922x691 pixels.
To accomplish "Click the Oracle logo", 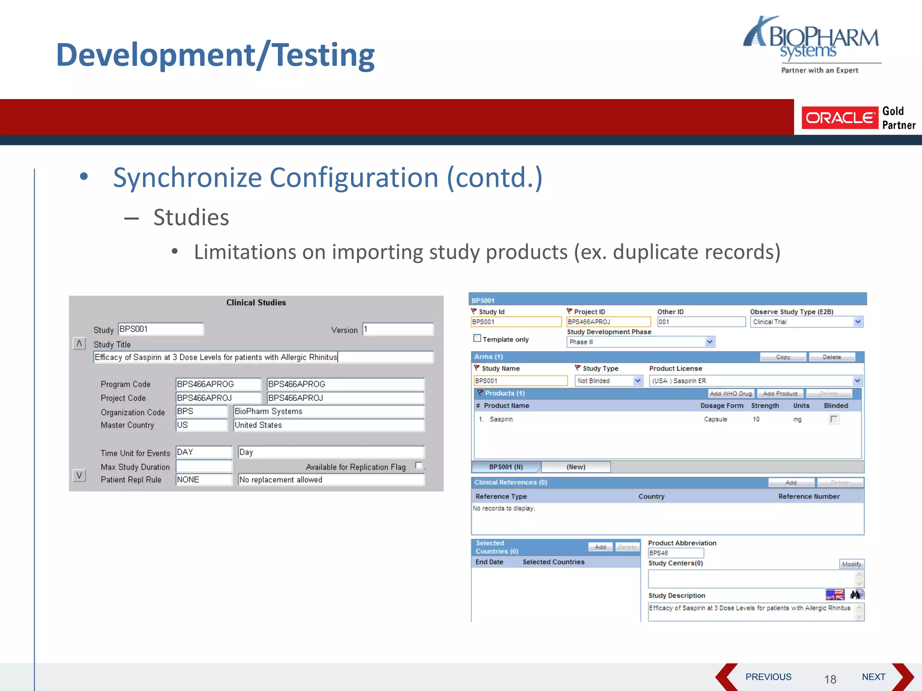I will coord(839,118).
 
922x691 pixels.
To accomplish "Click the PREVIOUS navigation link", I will coord(768,677).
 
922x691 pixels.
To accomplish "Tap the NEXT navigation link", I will coord(873,677).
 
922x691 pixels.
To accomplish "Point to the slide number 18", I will coord(830,679).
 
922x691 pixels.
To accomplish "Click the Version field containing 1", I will coord(398,329).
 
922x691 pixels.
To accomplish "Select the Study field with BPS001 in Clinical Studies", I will coord(160,329).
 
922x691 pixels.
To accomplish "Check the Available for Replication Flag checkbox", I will coord(419,466).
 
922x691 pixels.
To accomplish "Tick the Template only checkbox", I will coord(477,338).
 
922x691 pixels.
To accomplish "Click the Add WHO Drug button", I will coord(731,394).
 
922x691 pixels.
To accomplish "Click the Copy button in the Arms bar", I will coord(783,357).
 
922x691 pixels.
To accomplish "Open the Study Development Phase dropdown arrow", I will coord(710,342).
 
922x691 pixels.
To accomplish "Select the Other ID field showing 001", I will coord(701,322).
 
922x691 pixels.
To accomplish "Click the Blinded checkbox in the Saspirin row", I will coord(834,419).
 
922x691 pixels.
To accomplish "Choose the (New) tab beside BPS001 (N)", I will coord(576,467).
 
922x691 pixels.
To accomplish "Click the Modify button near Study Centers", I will coord(851,564).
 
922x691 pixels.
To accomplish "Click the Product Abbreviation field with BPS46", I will coord(675,553).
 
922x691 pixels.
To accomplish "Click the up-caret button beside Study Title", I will coord(79,344).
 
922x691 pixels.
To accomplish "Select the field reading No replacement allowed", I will coord(331,480).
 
